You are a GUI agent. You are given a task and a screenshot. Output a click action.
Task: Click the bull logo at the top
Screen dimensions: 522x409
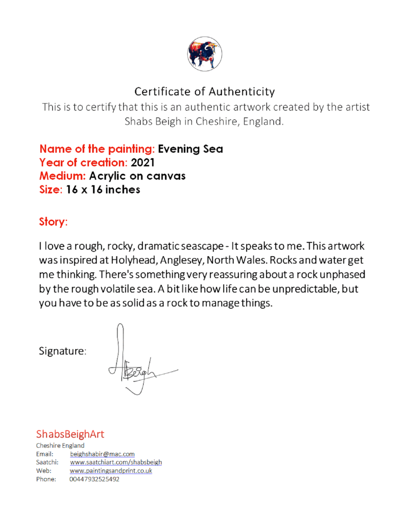coord(204,54)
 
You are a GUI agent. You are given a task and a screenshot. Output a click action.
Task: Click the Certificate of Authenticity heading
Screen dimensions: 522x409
coord(204,92)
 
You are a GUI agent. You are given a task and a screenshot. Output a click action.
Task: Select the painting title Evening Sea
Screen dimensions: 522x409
coord(190,149)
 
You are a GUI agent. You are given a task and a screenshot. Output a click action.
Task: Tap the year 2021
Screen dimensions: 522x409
coord(143,163)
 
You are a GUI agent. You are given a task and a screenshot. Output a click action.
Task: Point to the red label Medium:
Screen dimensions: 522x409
coord(62,176)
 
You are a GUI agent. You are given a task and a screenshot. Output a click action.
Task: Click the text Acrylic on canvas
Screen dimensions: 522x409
coord(137,176)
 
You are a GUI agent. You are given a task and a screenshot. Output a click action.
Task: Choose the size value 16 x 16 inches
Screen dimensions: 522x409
coord(103,190)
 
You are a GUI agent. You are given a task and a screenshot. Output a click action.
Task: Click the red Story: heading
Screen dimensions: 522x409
coord(53,222)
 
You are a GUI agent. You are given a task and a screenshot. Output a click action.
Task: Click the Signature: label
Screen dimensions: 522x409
coord(62,351)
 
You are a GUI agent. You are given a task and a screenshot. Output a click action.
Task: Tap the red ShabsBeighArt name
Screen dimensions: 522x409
coord(70,434)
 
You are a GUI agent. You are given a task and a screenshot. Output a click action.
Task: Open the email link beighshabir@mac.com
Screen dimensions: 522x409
coord(102,454)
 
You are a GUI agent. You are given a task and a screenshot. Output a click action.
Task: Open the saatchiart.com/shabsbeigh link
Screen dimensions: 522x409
coord(116,462)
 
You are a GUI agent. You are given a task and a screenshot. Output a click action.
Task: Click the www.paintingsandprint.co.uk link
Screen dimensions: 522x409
coord(111,471)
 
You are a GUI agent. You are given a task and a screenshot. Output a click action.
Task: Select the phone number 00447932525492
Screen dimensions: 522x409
coord(94,479)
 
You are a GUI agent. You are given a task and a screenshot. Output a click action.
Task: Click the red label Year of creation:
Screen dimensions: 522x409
coord(83,163)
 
